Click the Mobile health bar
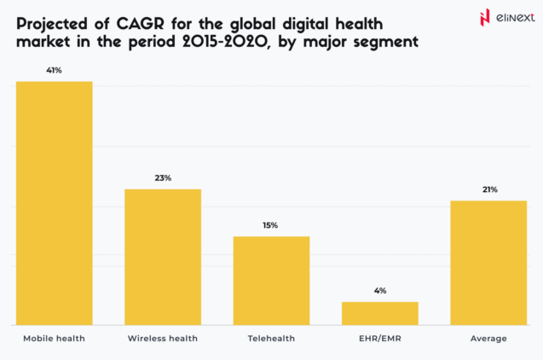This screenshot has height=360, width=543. [55, 203]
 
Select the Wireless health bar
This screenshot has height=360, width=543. [163, 257]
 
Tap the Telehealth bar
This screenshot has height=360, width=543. [271, 281]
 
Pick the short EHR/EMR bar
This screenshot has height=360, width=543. [379, 313]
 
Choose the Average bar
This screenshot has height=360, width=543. [488, 263]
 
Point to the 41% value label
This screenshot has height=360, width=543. [55, 70]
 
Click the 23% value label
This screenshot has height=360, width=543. [163, 177]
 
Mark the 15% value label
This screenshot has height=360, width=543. [271, 225]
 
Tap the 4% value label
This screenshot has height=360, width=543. [380, 290]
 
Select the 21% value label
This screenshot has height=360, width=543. [489, 189]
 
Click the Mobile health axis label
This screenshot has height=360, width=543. [55, 339]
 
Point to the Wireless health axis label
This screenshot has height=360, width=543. [163, 339]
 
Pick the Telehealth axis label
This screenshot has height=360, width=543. [271, 339]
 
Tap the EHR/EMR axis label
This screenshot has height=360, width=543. [380, 339]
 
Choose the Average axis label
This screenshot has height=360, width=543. [488, 339]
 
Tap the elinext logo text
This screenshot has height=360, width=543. [509, 18]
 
